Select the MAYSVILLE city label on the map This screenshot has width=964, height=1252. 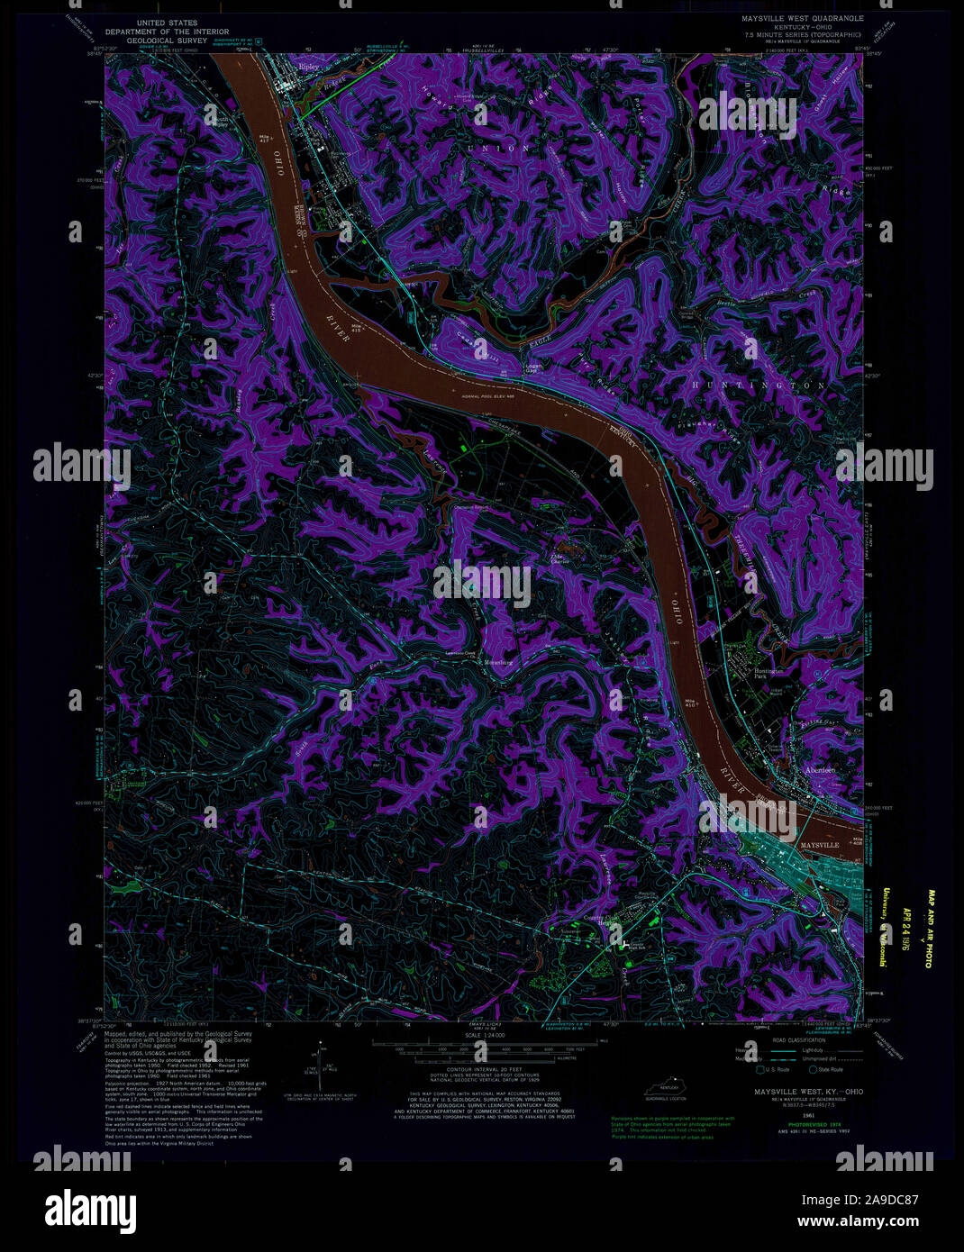819,846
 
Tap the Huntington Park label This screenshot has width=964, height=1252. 768,674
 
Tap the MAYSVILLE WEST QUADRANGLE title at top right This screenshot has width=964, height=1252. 796,18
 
